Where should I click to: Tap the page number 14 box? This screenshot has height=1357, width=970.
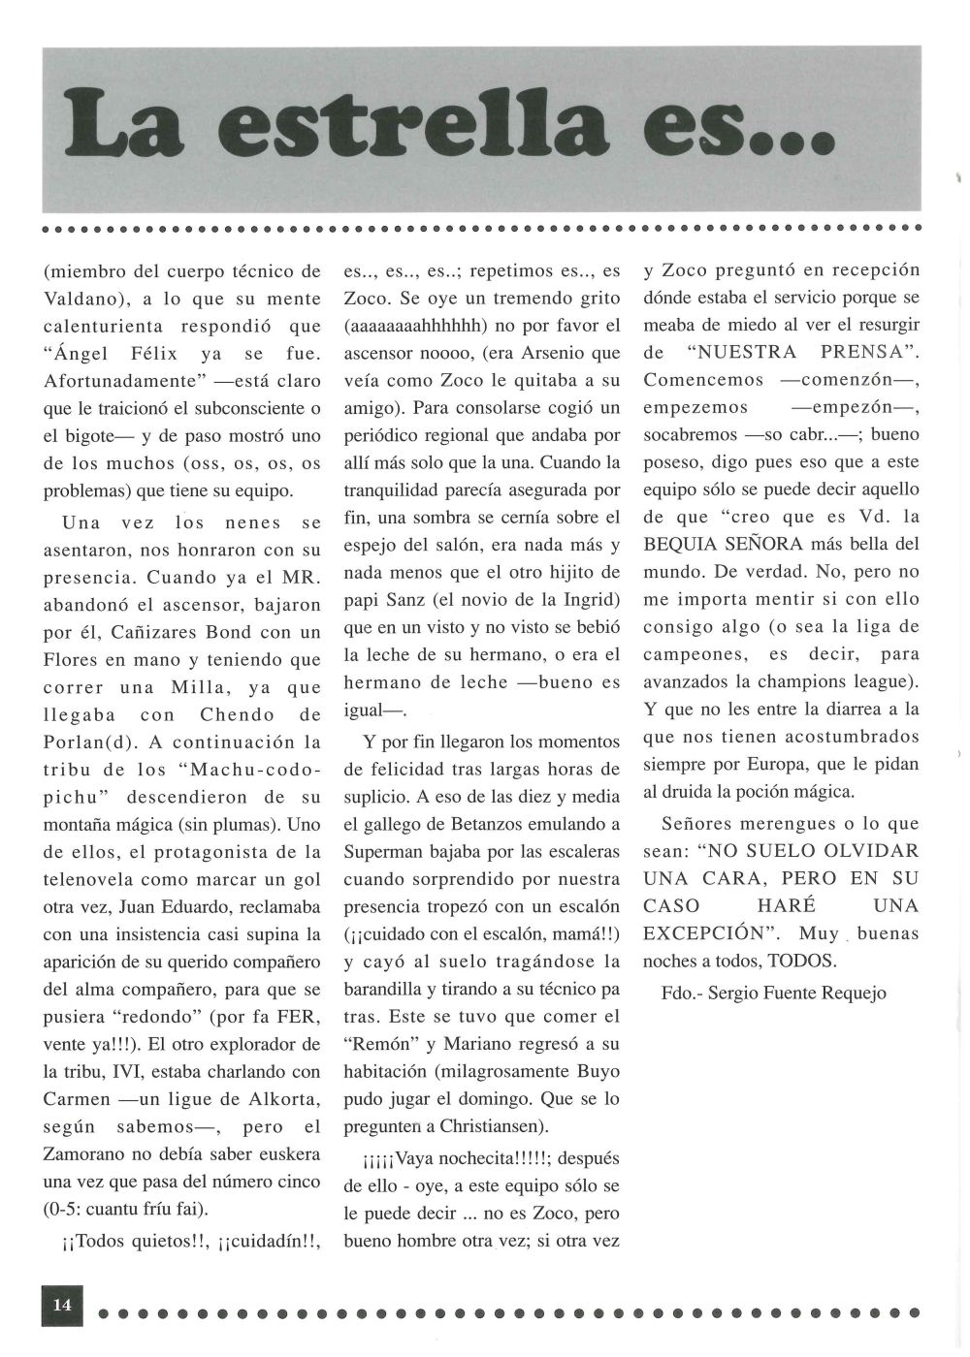click(x=62, y=1304)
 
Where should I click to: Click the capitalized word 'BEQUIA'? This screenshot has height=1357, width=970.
click(x=684, y=545)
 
